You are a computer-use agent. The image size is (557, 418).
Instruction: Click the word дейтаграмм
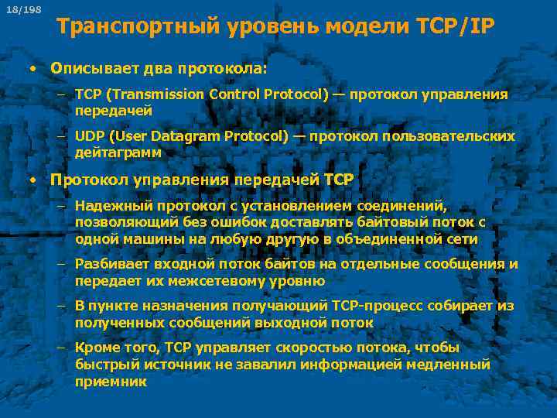pos(118,152)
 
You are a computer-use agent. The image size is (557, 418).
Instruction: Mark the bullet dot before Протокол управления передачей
pos(32,180)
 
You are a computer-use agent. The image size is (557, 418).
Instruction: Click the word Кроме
pos(96,348)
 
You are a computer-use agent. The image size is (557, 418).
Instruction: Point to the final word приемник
pos(111,382)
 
